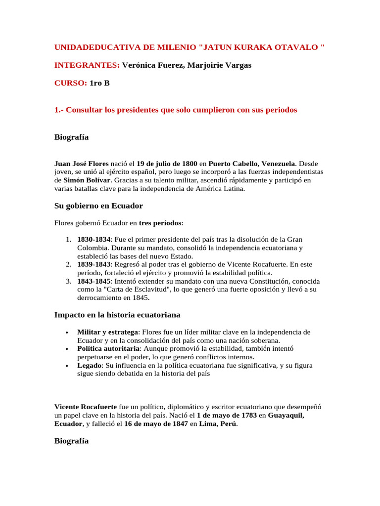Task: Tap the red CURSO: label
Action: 71,83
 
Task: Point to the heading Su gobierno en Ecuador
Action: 98,206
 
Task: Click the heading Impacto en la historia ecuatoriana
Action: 117,315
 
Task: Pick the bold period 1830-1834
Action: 94,239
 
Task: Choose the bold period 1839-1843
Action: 94,264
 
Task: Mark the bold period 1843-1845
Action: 94,281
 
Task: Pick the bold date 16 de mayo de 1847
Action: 156,424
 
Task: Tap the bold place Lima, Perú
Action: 218,424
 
